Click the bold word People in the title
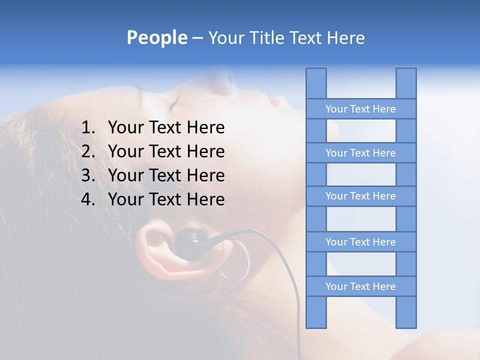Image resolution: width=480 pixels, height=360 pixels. tap(156, 38)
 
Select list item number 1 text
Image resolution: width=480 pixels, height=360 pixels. tap(166, 128)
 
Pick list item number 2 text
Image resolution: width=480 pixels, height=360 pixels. tap(166, 151)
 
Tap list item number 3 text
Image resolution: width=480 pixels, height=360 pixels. tap(166, 175)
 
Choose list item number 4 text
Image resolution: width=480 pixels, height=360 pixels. tap(166, 199)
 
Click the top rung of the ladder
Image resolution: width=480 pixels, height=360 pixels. tap(360, 109)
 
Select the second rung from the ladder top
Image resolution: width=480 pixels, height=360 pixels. tap(360, 153)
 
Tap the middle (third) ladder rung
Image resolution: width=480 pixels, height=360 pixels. tap(360, 196)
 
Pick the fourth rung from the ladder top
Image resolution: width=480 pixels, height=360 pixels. tap(360, 242)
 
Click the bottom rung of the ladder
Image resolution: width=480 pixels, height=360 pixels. tap(360, 286)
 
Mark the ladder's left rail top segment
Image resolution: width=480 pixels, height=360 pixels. tap(316, 83)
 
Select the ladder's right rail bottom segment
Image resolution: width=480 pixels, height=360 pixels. tap(406, 312)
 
